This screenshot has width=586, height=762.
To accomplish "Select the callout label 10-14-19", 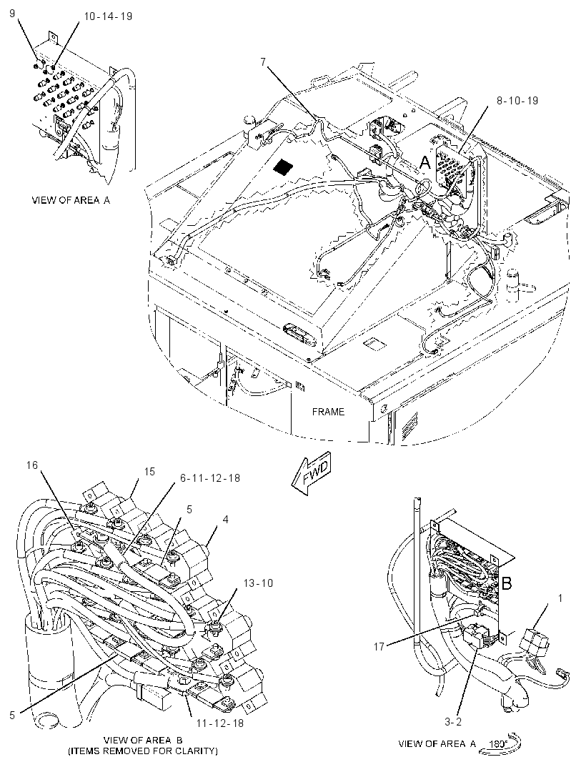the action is click(x=108, y=16).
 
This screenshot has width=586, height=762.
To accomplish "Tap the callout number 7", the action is click(x=263, y=61).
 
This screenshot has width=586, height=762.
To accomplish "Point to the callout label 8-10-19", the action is click(x=517, y=101).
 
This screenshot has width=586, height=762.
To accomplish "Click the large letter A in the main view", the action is click(x=424, y=162).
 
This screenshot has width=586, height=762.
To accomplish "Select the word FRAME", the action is click(x=328, y=412).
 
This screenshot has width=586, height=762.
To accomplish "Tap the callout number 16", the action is click(x=32, y=465).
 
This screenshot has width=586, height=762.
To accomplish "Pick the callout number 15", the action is click(x=149, y=471).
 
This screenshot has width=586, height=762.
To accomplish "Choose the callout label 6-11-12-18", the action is click(x=210, y=478).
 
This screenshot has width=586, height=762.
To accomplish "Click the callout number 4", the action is click(x=225, y=520).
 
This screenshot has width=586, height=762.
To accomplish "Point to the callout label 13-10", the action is click(x=258, y=583).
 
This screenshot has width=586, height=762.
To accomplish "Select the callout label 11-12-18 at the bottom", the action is click(x=219, y=723).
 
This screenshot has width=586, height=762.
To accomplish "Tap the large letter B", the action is click(x=506, y=583).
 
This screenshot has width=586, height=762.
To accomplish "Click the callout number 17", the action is click(x=379, y=646).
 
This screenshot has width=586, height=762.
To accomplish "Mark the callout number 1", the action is click(x=560, y=598).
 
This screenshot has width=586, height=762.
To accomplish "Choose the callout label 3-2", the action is click(x=453, y=722).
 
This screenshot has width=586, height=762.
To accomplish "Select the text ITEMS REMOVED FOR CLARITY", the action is click(x=143, y=751).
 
